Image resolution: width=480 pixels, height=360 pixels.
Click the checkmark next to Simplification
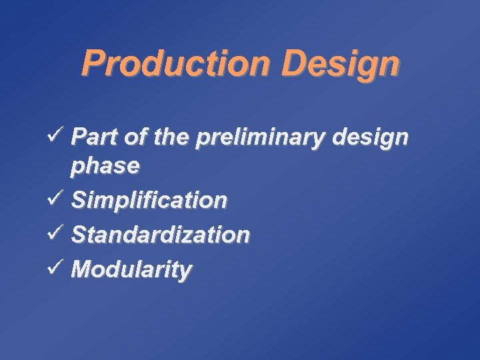click(56, 199)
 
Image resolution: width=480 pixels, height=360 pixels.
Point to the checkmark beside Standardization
click(56, 233)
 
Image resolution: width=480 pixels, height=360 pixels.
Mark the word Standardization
click(161, 234)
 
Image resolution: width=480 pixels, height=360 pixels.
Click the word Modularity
click(132, 269)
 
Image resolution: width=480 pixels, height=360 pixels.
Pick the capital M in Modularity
click(82, 269)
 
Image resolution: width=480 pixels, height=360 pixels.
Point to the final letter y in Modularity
click(185, 272)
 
